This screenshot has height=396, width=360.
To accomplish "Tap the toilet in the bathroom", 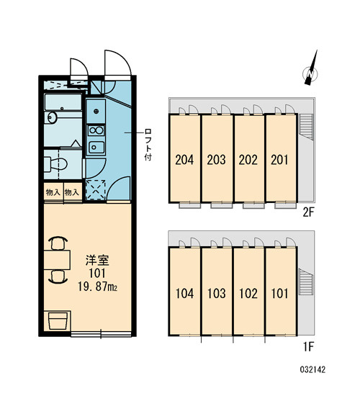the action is (55, 164).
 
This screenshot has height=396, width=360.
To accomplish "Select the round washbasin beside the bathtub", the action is (52, 117).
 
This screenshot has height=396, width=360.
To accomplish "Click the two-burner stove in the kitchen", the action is (96, 130).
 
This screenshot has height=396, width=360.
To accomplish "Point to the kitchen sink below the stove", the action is (96, 147).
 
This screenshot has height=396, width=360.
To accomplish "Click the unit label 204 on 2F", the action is (184, 160).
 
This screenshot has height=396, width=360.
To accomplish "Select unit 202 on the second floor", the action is (248, 160).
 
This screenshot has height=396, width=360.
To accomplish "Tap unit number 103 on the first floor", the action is (216, 294).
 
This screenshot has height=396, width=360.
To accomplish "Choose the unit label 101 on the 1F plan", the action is (279, 294).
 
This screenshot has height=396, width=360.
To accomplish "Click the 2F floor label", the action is (308, 212).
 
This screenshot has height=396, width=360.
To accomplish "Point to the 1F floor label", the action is (308, 348).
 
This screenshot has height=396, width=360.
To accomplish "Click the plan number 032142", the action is (312, 370).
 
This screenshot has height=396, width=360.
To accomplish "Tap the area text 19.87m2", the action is (97, 287).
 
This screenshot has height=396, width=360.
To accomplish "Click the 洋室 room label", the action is (97, 261).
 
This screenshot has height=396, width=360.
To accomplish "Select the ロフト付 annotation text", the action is (148, 145).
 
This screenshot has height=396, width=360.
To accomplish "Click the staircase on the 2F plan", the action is (306, 126).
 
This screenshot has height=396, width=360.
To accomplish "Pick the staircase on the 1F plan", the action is (306, 282).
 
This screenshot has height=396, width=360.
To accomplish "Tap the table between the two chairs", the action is (57, 260).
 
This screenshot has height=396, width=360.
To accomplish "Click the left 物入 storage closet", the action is (53, 193).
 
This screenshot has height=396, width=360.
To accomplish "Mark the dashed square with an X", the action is (96, 190).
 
